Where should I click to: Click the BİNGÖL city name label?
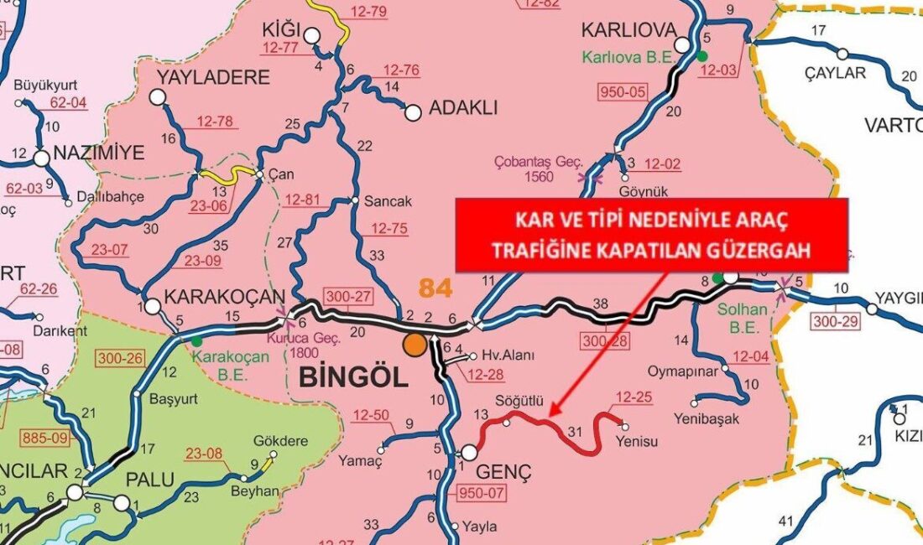tap(352, 376)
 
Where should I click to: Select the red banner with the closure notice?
tap(651, 236)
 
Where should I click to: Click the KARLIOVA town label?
tap(628, 30)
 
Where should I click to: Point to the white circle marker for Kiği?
tap(312, 35)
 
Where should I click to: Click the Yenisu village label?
tap(634, 439)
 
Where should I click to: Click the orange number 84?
tap(436, 288)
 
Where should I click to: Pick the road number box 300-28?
tap(603, 342)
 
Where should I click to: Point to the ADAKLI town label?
tap(463, 107)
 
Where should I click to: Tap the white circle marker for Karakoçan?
tap(153, 306)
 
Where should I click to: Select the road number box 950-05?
tap(621, 91)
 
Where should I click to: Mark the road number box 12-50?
tap(372, 415)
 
